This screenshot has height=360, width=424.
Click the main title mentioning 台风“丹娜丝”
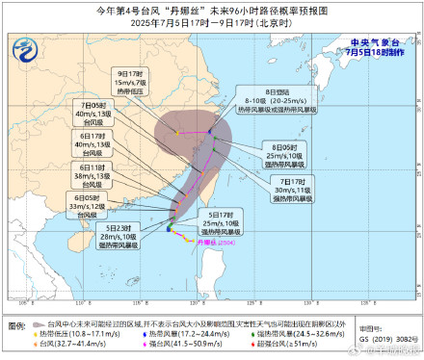point(211,10)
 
